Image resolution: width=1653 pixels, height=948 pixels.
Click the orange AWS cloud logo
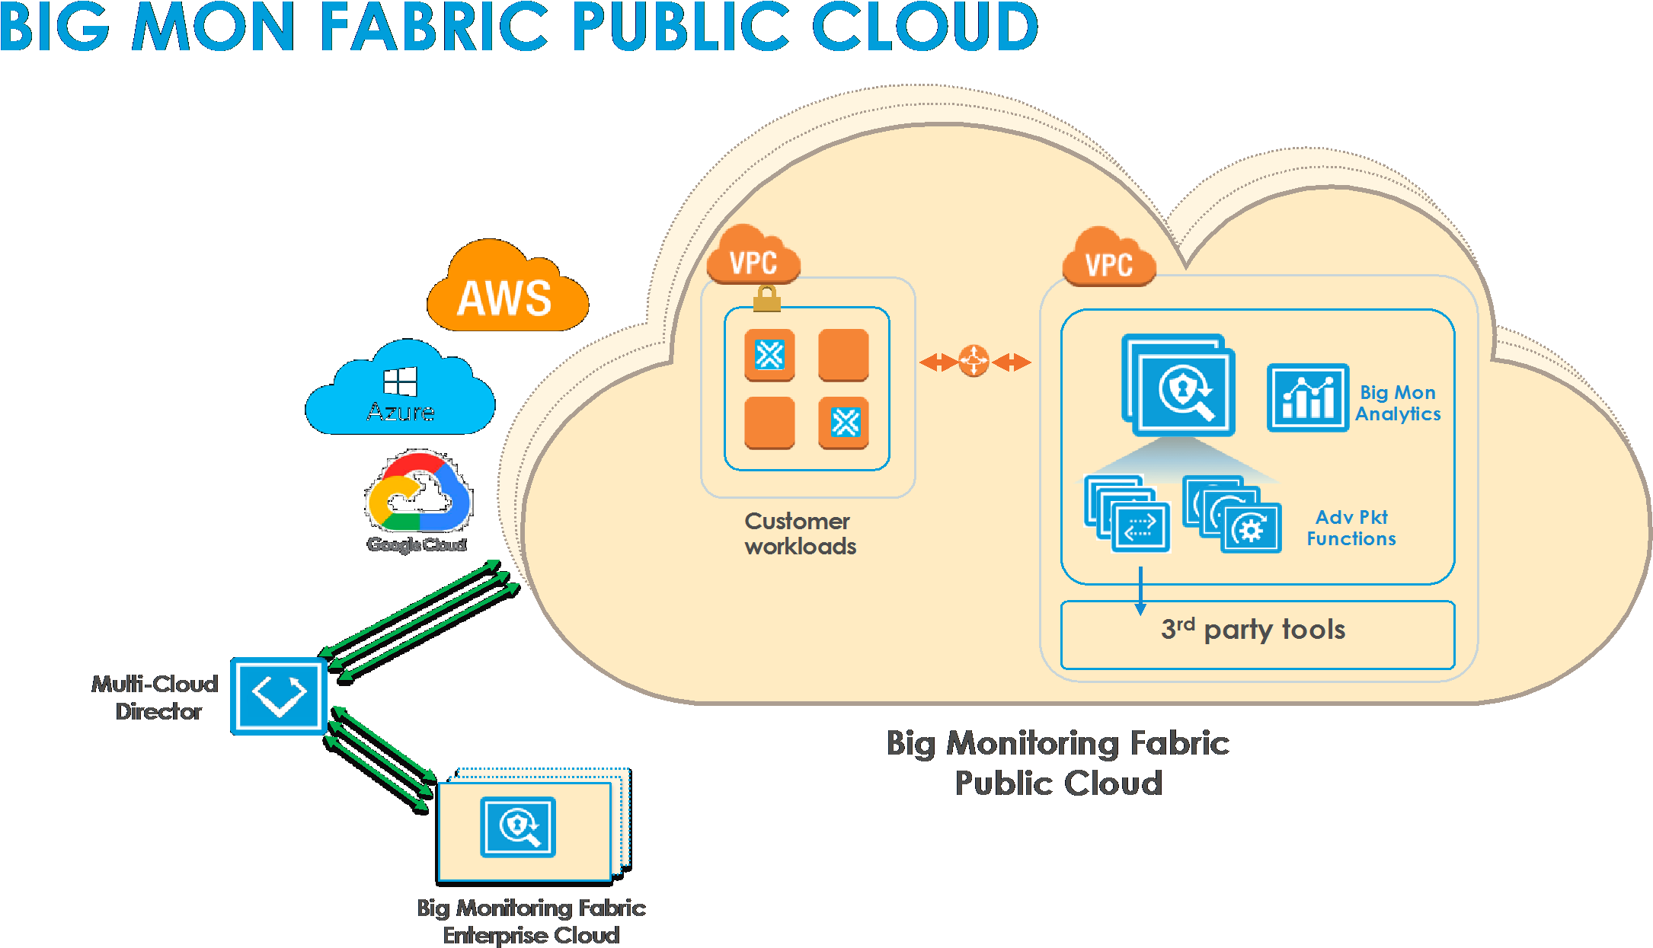point(507,290)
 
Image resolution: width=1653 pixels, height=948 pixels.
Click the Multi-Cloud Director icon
point(279,696)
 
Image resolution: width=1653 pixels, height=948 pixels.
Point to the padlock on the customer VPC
point(767,298)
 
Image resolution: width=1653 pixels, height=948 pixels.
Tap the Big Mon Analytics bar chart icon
point(1307,398)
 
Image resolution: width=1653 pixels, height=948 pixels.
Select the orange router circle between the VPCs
point(974,361)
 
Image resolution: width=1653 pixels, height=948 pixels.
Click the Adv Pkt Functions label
point(1351,528)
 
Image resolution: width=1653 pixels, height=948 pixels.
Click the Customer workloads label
point(800,534)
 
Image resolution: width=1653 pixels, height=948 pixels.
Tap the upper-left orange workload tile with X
point(769,355)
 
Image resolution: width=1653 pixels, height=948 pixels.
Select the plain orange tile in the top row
point(843,355)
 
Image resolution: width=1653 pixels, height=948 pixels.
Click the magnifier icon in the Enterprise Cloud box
point(518,827)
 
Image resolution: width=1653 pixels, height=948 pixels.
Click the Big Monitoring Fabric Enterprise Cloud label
point(531,921)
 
